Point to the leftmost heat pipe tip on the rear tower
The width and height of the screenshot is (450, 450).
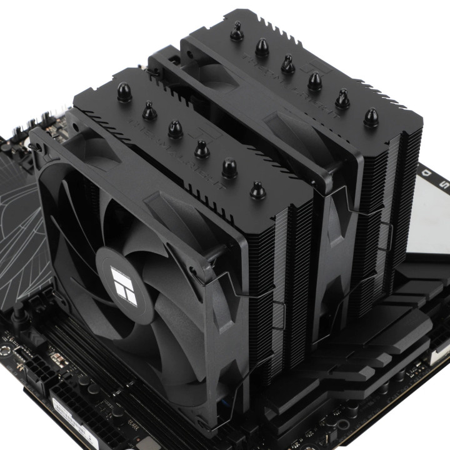(236, 31)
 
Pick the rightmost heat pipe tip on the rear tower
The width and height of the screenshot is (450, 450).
(371, 117)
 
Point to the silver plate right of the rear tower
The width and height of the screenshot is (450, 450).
(431, 219)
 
